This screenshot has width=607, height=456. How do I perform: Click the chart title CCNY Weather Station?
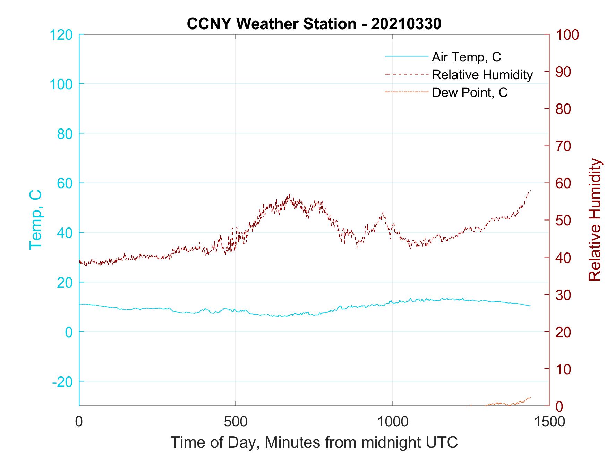tap(314, 24)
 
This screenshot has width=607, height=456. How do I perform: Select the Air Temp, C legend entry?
tap(466, 57)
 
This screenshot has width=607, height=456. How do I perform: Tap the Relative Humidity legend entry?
tap(482, 75)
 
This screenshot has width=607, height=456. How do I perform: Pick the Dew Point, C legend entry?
tap(470, 92)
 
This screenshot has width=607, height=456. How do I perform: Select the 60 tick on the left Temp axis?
tap(64, 183)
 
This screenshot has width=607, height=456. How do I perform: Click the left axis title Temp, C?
tap(35, 219)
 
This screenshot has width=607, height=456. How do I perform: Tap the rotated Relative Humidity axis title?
tap(595, 219)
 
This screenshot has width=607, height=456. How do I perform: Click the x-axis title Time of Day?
tap(314, 442)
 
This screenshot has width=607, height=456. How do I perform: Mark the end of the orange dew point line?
tap(530, 397)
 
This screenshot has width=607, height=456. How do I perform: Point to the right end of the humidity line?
tap(530, 190)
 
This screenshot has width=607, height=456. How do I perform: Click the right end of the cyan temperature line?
tap(530, 306)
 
